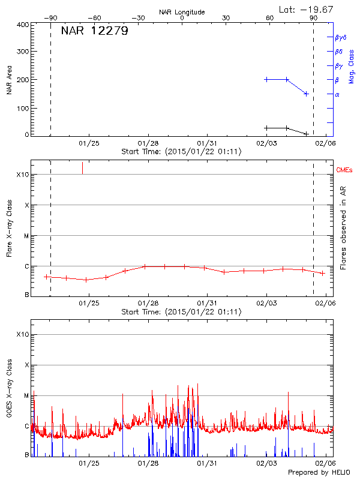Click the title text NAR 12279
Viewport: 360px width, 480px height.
(94, 31)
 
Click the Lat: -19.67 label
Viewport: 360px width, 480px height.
(307, 9)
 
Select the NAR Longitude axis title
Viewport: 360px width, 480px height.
(182, 12)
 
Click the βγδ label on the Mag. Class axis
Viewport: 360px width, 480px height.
(340, 37)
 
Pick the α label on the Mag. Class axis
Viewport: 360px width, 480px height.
(337, 94)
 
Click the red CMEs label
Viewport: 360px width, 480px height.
(344, 171)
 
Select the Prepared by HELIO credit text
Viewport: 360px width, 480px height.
(320, 473)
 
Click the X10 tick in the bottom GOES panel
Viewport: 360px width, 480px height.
(23, 335)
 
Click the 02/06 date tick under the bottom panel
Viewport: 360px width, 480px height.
(326, 464)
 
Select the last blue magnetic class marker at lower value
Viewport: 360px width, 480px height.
(306, 94)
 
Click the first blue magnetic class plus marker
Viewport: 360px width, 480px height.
(267, 79)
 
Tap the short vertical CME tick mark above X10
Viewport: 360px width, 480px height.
(82, 168)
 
